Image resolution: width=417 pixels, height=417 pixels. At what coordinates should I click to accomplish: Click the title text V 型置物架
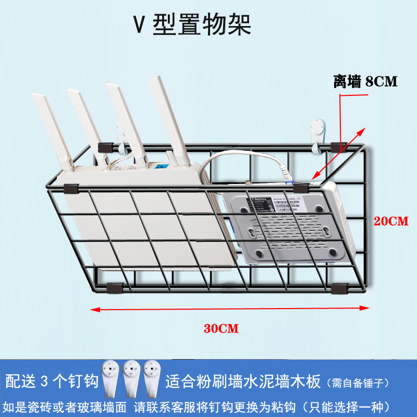(x=192, y=24)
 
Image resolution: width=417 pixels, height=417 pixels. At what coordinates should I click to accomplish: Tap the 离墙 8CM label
(x=365, y=81)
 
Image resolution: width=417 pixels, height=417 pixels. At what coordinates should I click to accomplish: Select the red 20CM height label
(x=391, y=221)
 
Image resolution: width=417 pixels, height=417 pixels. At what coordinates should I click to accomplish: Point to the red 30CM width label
(x=221, y=328)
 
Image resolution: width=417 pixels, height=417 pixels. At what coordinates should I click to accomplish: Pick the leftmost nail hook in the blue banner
(x=113, y=378)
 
